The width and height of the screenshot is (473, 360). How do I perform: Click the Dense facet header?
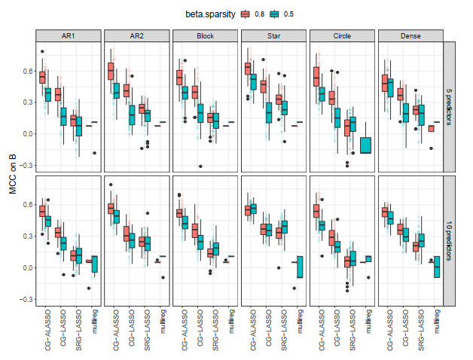[410, 35]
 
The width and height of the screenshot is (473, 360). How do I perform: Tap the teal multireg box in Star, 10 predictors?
[299, 267]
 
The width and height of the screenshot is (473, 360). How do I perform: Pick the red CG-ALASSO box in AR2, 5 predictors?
[111, 71]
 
